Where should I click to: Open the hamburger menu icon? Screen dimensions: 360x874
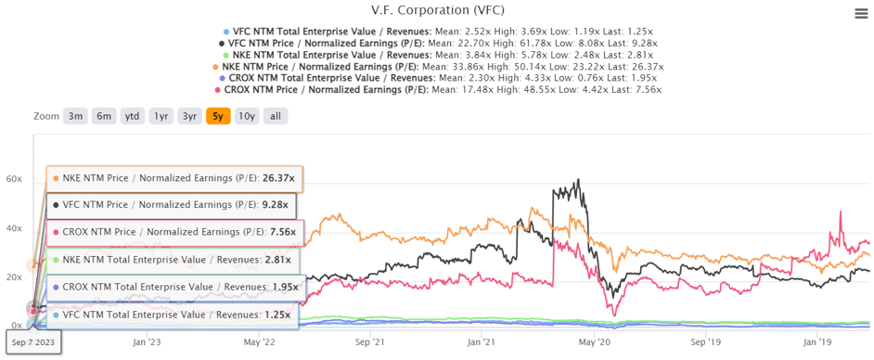pos(861,13)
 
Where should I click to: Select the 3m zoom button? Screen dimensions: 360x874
pos(75,117)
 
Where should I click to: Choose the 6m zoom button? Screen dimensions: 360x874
pos(104,117)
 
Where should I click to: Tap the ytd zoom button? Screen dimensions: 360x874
pos(133,117)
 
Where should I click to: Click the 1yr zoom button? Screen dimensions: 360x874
pos(161,117)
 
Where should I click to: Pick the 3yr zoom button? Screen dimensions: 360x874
pos(189,117)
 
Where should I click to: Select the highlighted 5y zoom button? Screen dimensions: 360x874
pos(218,117)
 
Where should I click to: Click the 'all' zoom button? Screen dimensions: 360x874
pos(275,117)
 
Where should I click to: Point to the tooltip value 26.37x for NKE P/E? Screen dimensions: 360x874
pos(278,178)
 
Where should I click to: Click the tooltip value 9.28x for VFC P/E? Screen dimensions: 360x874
pos(275,205)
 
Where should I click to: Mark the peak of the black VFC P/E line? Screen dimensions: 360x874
pos(578,180)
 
